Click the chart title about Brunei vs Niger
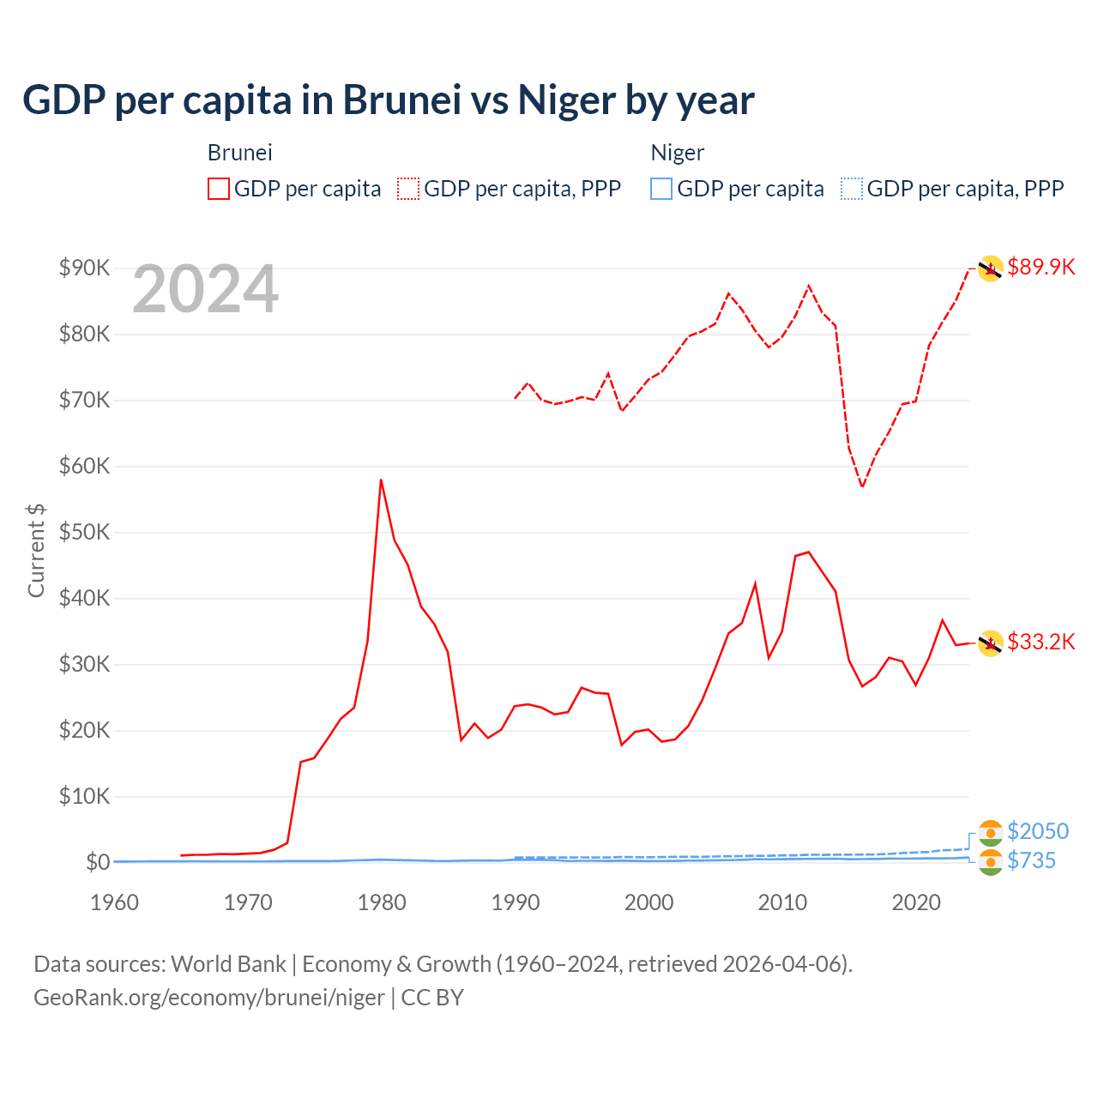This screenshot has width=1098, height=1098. (x=388, y=100)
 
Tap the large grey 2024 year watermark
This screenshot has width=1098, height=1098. (x=205, y=289)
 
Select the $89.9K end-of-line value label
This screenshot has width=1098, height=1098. (x=1041, y=267)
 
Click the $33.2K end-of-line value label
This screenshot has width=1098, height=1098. (x=1041, y=642)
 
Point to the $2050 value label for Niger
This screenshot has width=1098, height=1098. (x=1037, y=831)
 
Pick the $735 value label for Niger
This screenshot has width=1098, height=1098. (x=1031, y=860)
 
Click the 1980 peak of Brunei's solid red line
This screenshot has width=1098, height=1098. (x=381, y=480)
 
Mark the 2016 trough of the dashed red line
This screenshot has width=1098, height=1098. (x=862, y=486)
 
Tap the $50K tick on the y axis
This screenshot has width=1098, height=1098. (x=85, y=533)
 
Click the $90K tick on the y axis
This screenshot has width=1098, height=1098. (x=85, y=268)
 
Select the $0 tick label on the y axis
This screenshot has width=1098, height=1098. (x=98, y=862)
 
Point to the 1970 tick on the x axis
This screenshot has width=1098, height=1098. (x=248, y=902)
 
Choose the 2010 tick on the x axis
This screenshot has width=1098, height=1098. (x=782, y=902)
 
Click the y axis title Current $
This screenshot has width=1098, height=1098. (x=36, y=551)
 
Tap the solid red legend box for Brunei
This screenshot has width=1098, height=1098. (x=219, y=189)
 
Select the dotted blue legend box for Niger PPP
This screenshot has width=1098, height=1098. (x=852, y=189)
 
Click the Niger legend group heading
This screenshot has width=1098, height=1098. (x=677, y=153)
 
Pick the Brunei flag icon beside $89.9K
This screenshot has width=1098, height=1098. (x=991, y=268)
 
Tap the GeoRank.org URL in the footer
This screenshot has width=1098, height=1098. (x=209, y=998)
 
